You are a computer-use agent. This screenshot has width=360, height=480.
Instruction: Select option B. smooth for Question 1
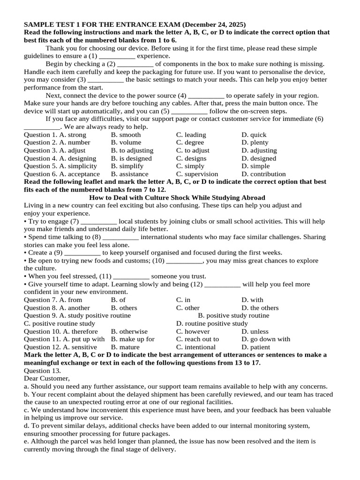[x=126, y=135]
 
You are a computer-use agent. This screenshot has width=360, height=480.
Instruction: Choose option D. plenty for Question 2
[x=255, y=142]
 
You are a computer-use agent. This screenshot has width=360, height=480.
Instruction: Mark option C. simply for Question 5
[x=190, y=166]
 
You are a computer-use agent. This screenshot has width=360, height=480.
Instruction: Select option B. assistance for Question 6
[x=129, y=174]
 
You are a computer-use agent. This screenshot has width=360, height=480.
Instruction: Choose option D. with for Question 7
[x=253, y=300]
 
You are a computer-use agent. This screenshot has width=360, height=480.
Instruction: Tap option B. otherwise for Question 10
[x=129, y=331]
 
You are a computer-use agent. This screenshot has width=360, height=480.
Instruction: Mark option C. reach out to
[x=197, y=339]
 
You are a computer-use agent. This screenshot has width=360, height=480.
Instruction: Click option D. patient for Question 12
[x=256, y=347]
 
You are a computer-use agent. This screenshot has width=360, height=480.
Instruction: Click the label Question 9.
[x=38, y=316]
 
